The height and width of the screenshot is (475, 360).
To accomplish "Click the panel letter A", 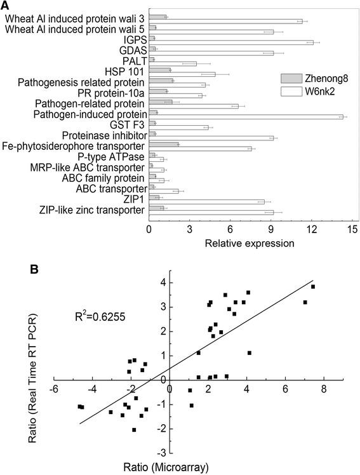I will (6, 5).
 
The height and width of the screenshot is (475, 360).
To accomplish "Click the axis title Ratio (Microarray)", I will (197, 469).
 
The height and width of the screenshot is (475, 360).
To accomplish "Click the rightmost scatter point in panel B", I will (313, 286).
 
